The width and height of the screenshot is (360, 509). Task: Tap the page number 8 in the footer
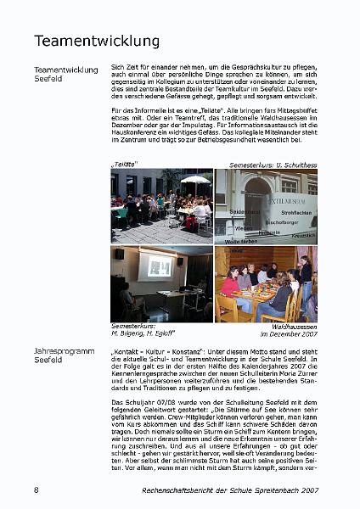point(36,490)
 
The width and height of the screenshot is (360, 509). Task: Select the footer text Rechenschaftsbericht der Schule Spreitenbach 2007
point(229,490)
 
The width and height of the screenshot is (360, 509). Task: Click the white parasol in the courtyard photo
point(194,180)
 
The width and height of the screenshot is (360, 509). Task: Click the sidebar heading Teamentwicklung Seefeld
point(65,75)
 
